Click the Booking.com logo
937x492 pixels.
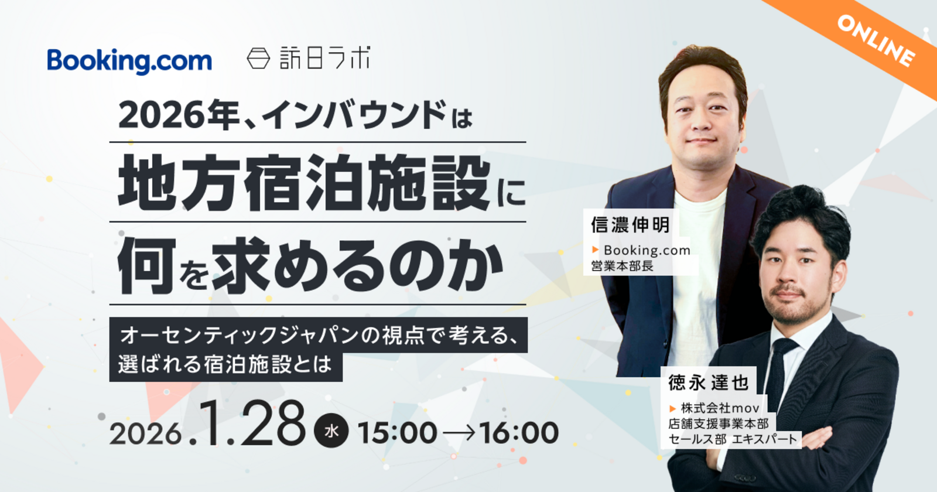[x=129, y=61]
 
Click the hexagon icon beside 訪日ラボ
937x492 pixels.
[x=258, y=58]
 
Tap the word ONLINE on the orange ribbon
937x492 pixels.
[x=876, y=40]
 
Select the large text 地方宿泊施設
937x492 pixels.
[x=304, y=183]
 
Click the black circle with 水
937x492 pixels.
[x=331, y=430]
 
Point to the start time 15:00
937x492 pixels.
[x=398, y=432]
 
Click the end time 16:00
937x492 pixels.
[x=519, y=432]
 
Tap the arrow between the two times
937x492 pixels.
[x=459, y=433]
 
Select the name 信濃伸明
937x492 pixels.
[x=630, y=225]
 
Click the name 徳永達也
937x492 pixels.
[x=708, y=382]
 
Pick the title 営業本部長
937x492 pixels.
[x=622, y=266]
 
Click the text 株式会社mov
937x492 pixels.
[x=720, y=408]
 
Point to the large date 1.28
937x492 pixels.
[x=252, y=423]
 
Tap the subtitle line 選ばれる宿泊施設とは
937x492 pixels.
[x=225, y=364]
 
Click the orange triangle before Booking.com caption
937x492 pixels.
[x=595, y=250]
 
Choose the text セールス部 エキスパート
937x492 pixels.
[x=733, y=439]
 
